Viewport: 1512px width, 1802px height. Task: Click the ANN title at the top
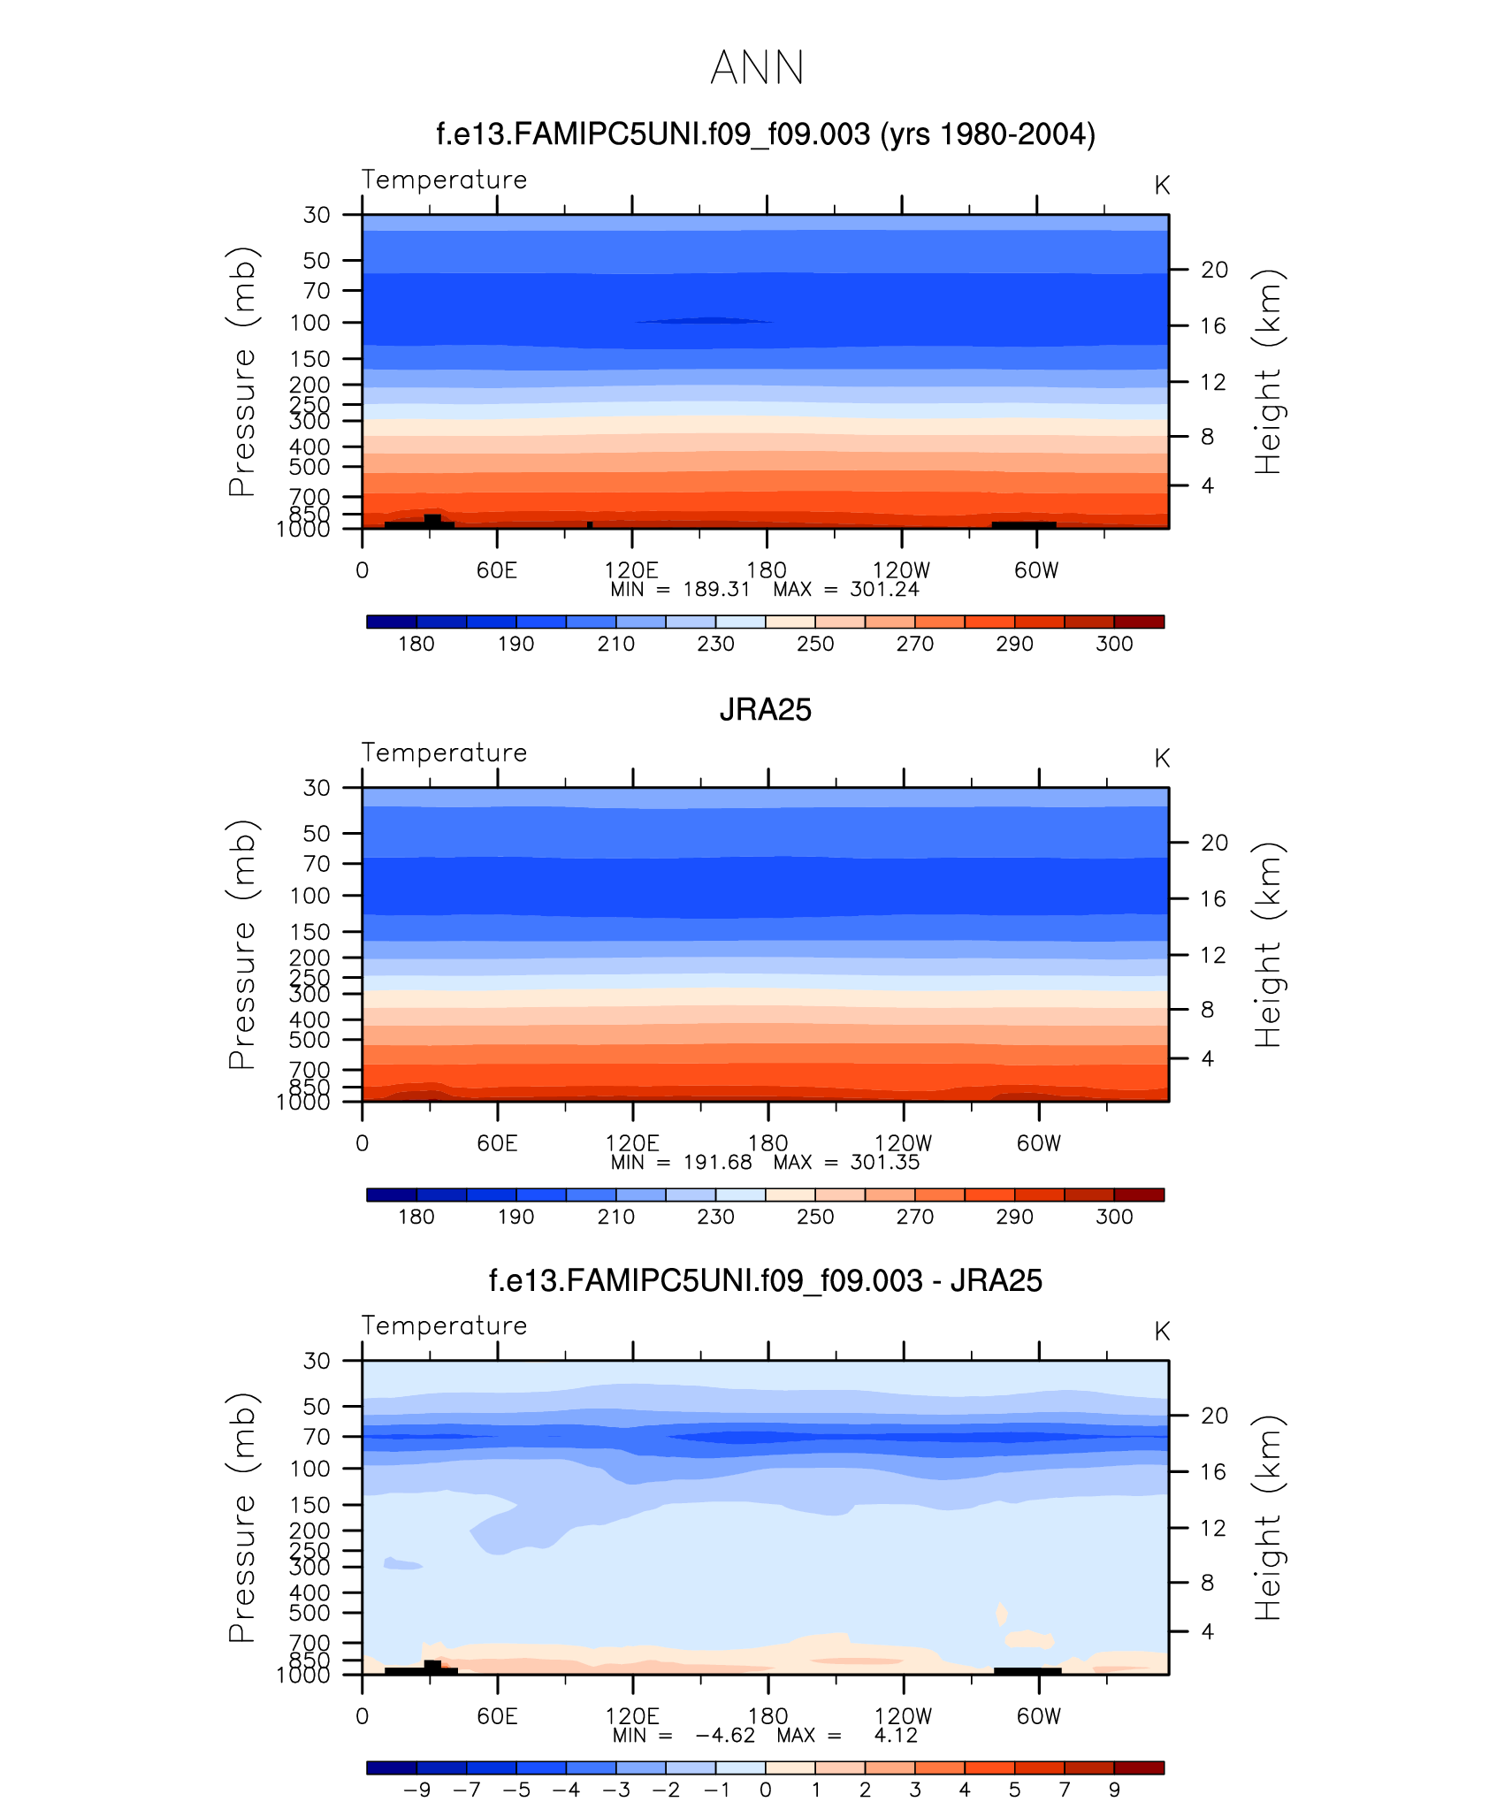(757, 68)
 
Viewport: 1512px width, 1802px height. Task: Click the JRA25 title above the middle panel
(765, 710)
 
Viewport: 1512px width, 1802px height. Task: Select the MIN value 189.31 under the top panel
(716, 590)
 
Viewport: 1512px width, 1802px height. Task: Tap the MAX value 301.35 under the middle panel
(884, 1163)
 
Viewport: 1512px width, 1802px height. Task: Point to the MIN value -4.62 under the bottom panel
(725, 1736)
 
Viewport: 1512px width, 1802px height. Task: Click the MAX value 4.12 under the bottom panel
(896, 1736)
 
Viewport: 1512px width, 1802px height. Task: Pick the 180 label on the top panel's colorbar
(416, 644)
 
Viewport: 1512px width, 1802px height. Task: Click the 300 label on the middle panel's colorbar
(1114, 1217)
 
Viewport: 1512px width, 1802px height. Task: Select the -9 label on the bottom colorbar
(416, 1790)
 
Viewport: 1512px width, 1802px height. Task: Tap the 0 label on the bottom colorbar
(766, 1790)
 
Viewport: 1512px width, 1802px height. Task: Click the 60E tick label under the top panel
(497, 570)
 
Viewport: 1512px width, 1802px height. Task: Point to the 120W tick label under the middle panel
(903, 1143)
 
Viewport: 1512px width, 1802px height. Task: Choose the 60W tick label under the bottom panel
(1038, 1716)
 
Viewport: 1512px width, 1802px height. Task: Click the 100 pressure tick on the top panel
(309, 323)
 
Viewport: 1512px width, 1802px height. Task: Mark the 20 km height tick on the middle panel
(1214, 843)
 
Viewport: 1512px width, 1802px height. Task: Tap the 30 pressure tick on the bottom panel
(317, 1361)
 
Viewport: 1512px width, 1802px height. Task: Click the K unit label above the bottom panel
(1162, 1332)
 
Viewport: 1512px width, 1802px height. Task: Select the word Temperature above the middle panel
(444, 752)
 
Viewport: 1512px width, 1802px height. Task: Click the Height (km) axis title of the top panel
(1268, 371)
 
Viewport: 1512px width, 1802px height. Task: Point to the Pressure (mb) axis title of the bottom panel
(242, 1517)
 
